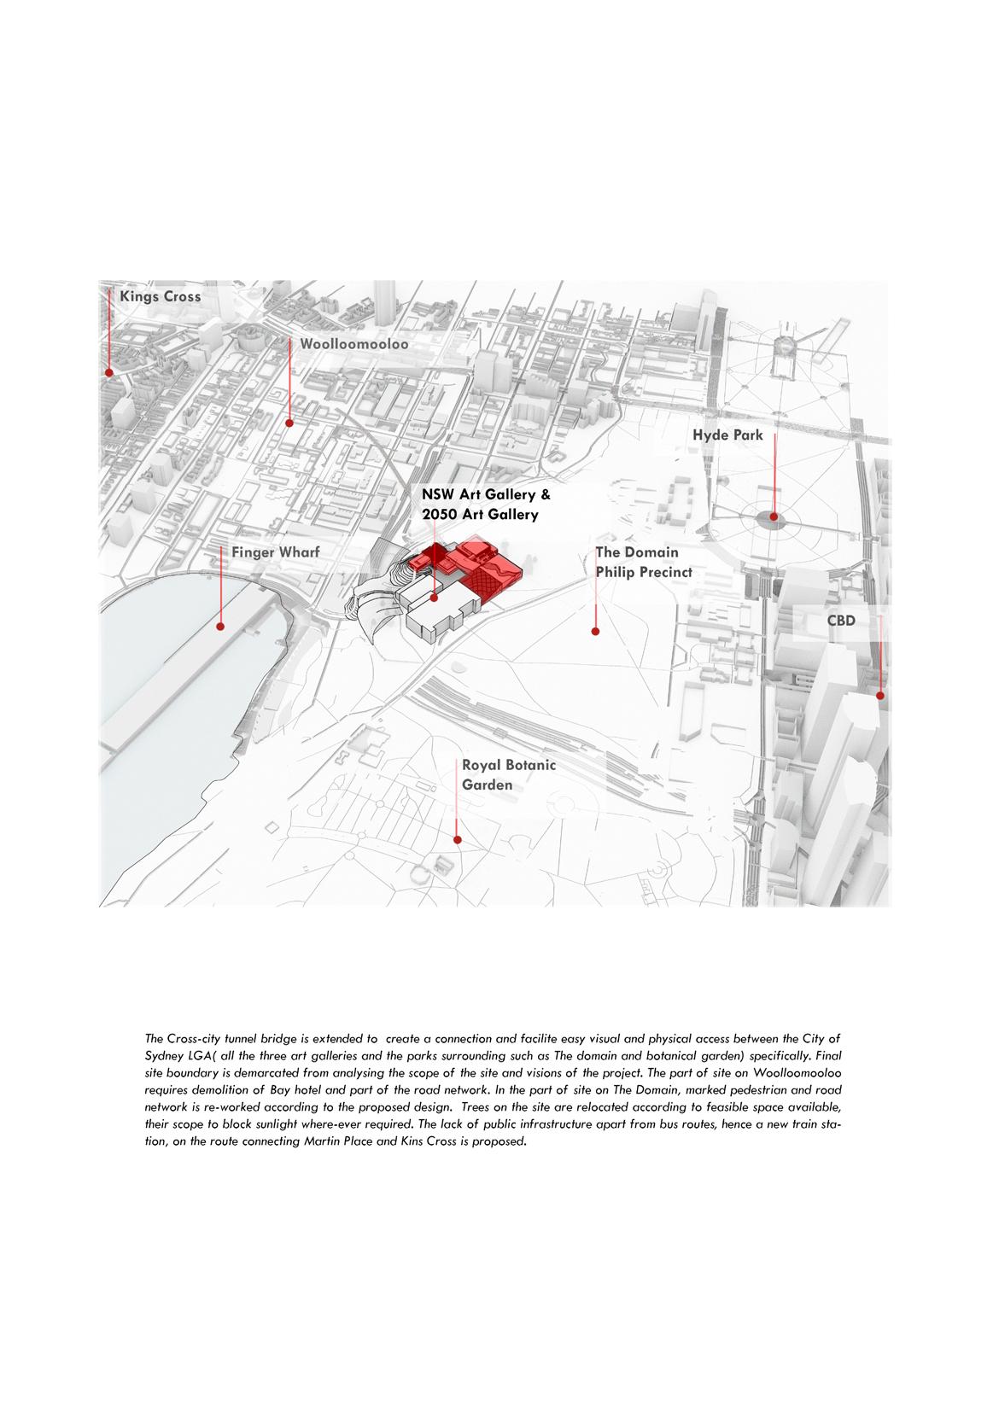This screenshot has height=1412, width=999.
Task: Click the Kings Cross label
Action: [x=160, y=297]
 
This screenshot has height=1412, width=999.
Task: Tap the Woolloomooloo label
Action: [x=353, y=345]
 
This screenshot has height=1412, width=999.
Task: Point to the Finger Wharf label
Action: [x=275, y=552]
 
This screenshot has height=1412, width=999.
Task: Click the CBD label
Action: [x=841, y=621]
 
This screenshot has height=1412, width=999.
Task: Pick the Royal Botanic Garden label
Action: [x=509, y=774]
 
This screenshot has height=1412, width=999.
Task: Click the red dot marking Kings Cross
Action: [x=109, y=372]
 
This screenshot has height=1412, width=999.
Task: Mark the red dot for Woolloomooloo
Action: [x=289, y=423]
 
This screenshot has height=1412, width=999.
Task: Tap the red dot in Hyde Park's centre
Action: [x=774, y=516]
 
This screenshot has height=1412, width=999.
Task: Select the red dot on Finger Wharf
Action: [x=220, y=627]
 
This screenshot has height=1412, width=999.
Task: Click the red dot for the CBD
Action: [x=880, y=696]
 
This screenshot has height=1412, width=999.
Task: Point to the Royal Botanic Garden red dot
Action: [x=458, y=840]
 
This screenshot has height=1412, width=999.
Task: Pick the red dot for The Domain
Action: [x=595, y=632]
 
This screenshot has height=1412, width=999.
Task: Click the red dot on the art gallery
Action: [x=435, y=598]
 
